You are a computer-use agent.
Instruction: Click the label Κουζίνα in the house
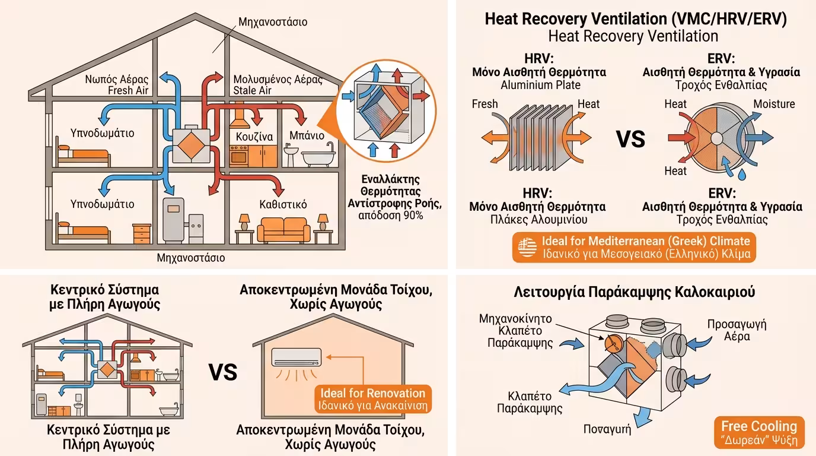click(254, 137)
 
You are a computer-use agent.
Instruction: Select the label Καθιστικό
click(283, 204)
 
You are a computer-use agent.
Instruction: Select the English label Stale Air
click(253, 90)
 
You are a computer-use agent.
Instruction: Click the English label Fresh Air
click(128, 90)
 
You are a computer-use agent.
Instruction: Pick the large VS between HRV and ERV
click(630, 140)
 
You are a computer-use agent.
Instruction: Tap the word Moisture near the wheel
click(774, 104)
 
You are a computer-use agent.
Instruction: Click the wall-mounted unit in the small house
click(297, 357)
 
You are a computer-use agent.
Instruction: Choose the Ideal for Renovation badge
click(372, 400)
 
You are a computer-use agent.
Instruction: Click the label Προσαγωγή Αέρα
click(737, 330)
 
